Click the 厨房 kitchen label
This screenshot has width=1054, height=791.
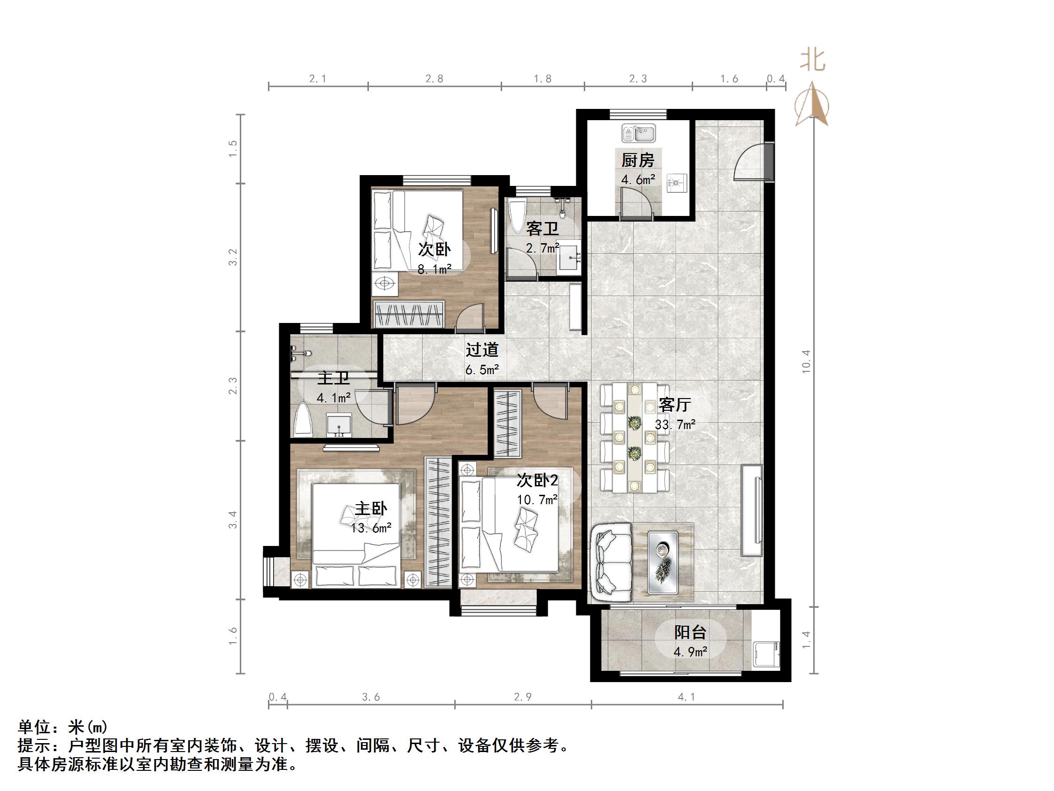click(638, 160)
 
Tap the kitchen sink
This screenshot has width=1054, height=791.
click(639, 133)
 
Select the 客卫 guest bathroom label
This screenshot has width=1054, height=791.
click(542, 230)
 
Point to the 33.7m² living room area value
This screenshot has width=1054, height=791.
click(675, 424)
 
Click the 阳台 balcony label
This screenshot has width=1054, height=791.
click(690, 632)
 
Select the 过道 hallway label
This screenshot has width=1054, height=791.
click(482, 350)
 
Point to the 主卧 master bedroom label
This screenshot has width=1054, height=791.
click(371, 509)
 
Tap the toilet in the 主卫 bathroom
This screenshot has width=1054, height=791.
click(303, 420)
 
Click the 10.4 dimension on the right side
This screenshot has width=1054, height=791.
click(806, 361)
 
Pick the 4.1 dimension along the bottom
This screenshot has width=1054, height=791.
click(686, 697)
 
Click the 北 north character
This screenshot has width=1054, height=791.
click(812, 61)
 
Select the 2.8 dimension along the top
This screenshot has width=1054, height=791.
click(434, 79)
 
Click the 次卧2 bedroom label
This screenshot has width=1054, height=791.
click(537, 480)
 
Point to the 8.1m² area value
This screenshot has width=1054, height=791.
click(434, 270)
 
